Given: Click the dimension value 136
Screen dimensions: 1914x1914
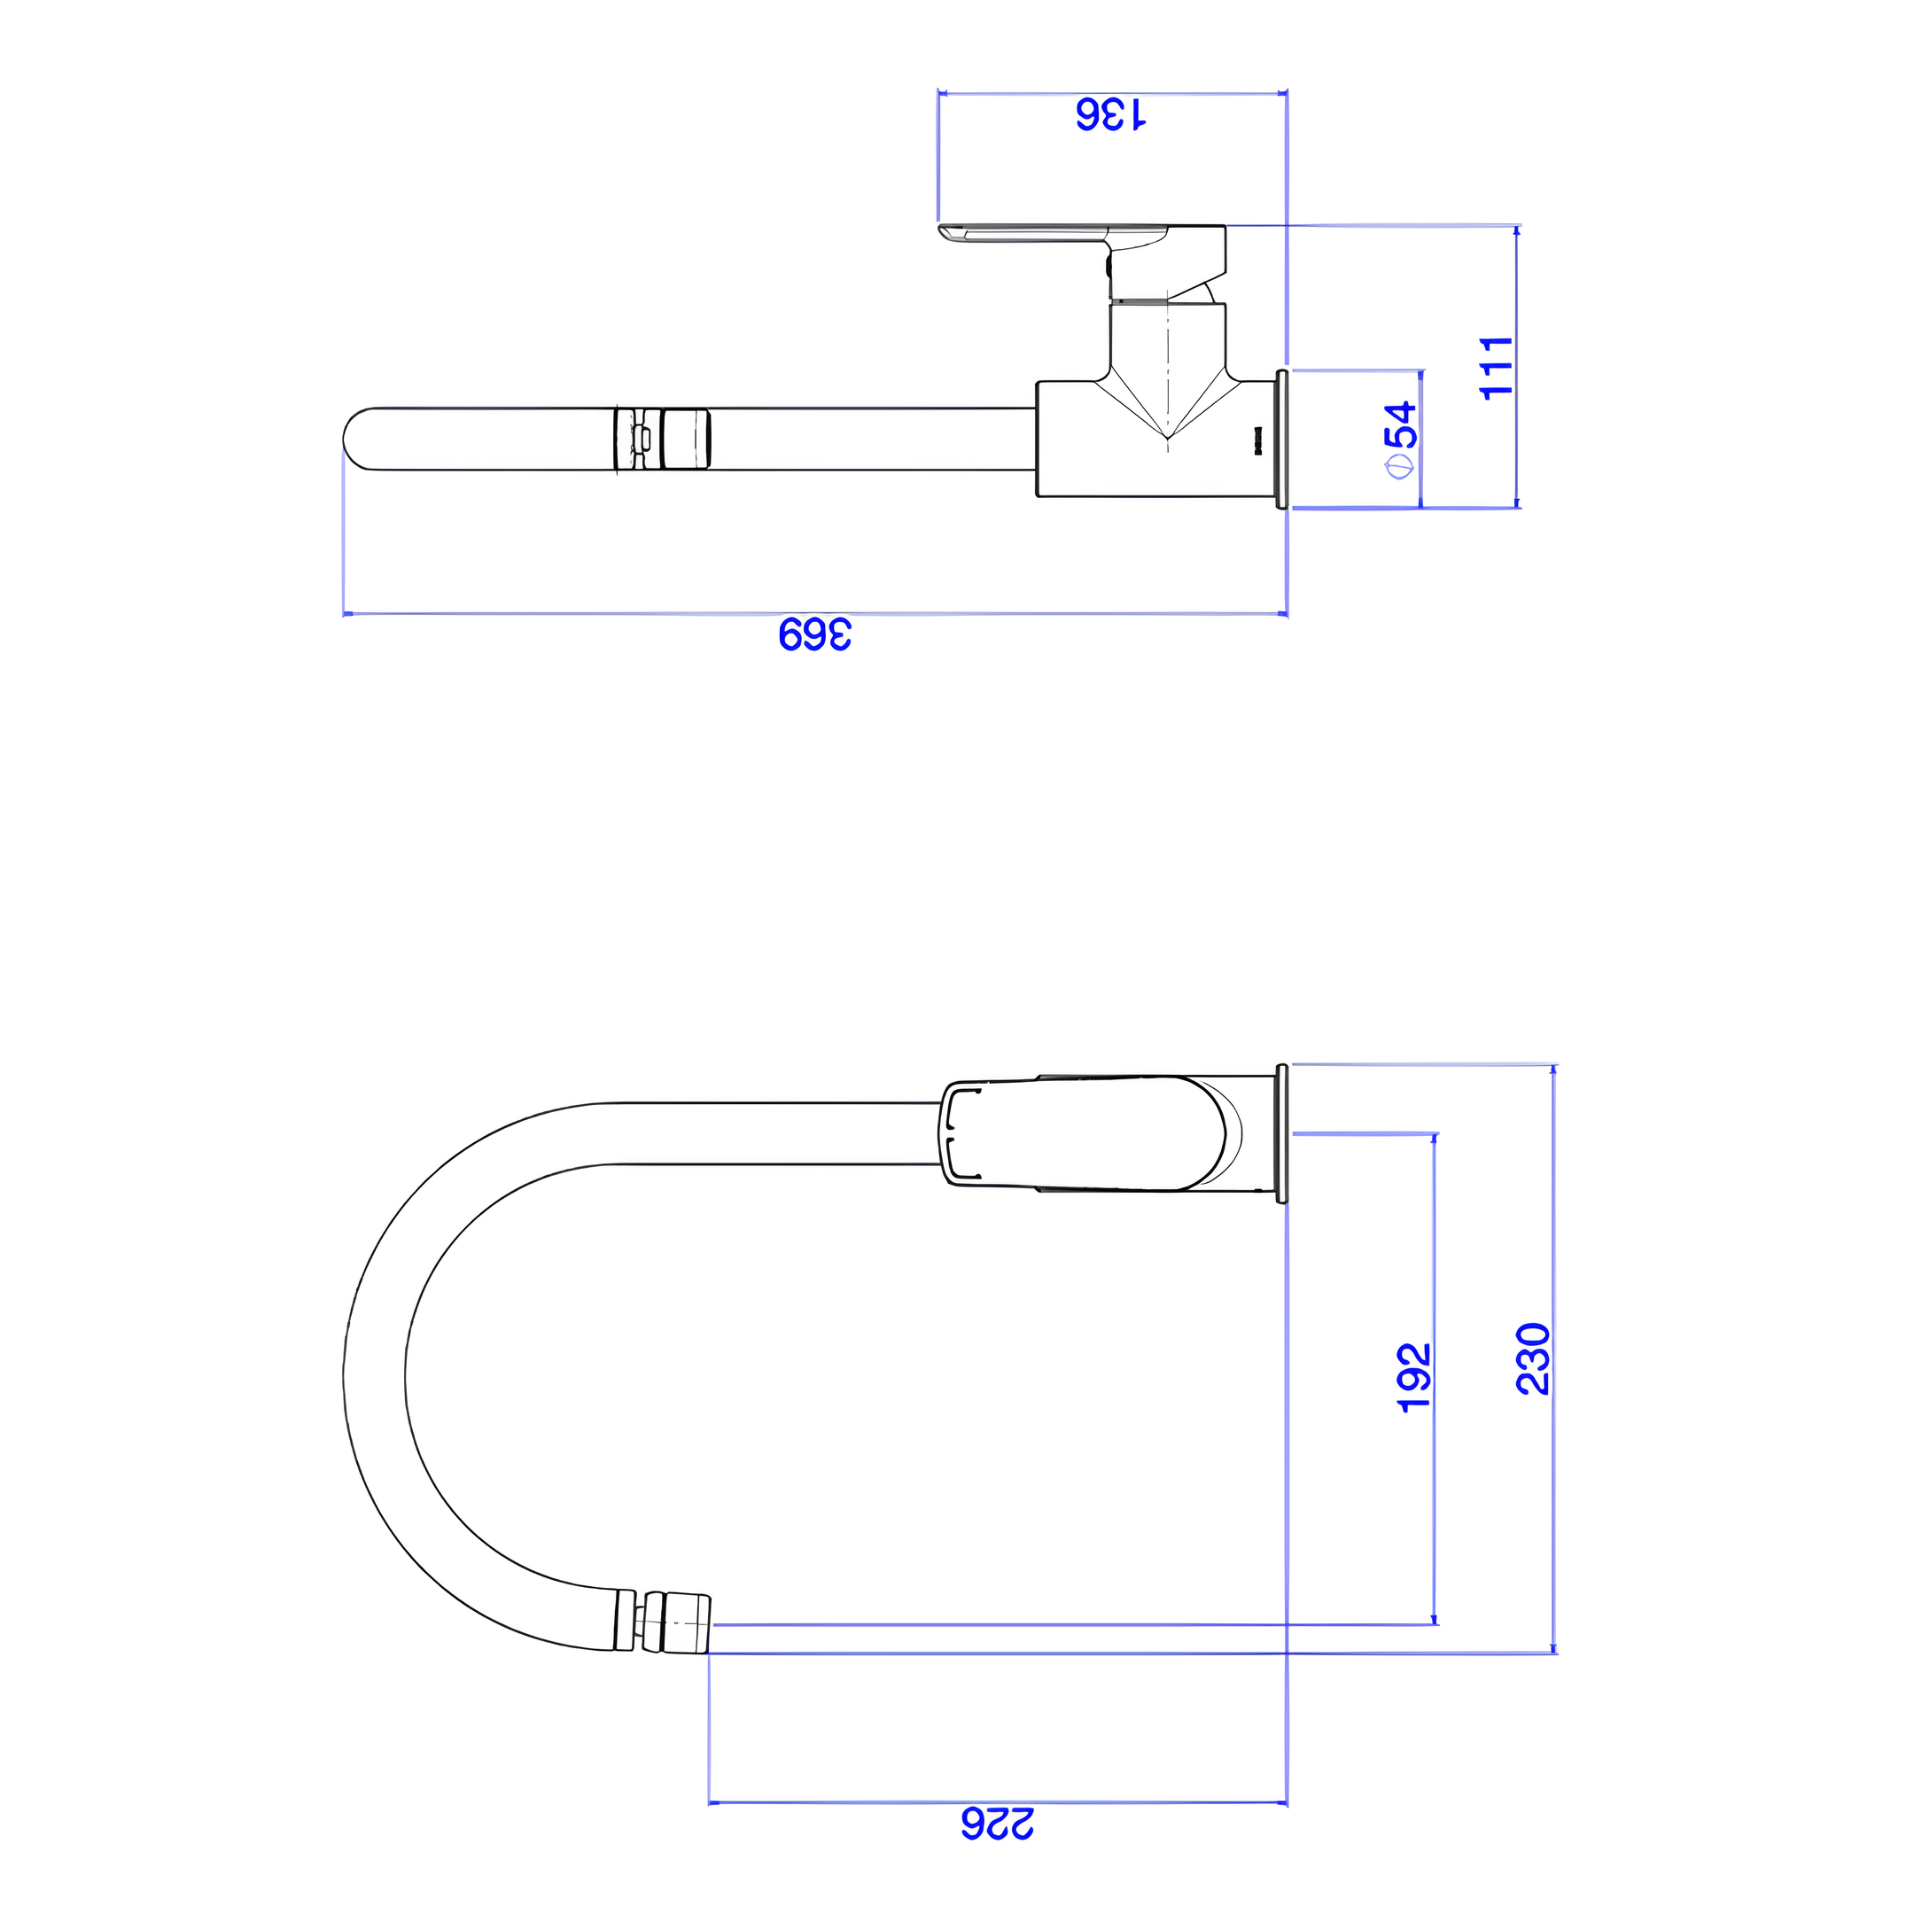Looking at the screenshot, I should (x=1110, y=115).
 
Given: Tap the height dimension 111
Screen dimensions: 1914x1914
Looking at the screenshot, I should (x=1496, y=368).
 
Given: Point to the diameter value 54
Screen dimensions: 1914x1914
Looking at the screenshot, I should (x=1403, y=424).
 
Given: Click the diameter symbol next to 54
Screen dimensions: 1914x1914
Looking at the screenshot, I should (x=1402, y=467).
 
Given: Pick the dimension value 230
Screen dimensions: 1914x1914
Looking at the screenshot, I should (x=1533, y=1358).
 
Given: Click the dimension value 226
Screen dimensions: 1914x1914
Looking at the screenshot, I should (x=997, y=1849).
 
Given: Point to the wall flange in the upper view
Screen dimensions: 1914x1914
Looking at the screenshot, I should (x=1282, y=439).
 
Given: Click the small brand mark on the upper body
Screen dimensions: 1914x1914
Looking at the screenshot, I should (x=1258, y=442).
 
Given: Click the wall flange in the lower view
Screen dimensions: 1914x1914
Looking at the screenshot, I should (x=1282, y=1134).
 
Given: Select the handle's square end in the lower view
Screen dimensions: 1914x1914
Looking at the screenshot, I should (x=957, y=1134).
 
